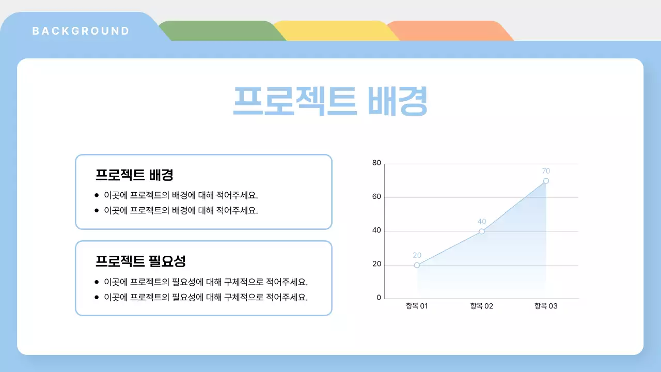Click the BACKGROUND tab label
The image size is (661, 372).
pos(81,31)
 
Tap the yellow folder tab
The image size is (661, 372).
pos(335,31)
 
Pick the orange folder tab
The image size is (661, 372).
pos(448,31)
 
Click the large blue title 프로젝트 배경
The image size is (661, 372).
pos(330,101)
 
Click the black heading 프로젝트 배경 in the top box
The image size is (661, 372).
pos(134,175)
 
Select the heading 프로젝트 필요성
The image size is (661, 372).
pos(140,261)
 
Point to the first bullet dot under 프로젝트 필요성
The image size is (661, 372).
pos(97,282)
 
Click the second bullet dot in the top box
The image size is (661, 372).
pos(97,210)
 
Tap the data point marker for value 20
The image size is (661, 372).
pos(417,265)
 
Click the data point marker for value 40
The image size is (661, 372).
pos(481,231)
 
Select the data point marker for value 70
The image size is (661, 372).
pos(546,181)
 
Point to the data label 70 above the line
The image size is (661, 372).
pos(546,171)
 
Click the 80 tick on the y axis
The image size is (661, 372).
pos(376,163)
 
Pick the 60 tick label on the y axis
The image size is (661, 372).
pos(376,197)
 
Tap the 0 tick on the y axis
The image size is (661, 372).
pos(379,298)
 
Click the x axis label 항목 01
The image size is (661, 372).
pos(417,306)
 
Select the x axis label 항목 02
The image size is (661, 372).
pos(481,306)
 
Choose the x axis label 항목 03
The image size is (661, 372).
pos(546,306)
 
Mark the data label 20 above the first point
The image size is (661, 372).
pos(417,255)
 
